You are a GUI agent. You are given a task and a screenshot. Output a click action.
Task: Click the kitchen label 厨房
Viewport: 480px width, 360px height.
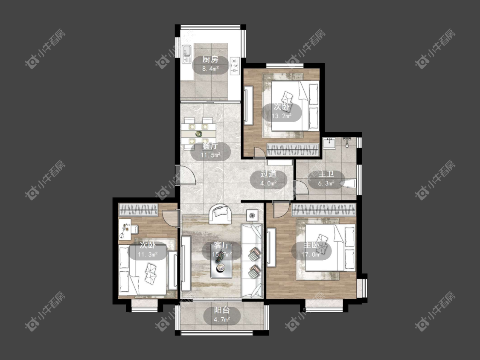pos(210,59)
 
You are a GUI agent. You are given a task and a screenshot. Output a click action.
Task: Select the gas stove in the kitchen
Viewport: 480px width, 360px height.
pos(235,66)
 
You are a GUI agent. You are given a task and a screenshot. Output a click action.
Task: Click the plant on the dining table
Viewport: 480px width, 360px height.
pos(199,134)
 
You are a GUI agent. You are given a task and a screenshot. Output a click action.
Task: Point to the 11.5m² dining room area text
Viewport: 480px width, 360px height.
pos(211,155)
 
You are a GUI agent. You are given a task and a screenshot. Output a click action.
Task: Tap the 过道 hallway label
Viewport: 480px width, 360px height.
pos(268,174)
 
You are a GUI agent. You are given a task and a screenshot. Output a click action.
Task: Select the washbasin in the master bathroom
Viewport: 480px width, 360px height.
pos(329,143)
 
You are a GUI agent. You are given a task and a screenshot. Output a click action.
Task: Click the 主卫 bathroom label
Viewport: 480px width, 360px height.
pos(326,174)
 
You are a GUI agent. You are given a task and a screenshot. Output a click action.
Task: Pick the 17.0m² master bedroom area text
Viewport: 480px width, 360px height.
pos(311,254)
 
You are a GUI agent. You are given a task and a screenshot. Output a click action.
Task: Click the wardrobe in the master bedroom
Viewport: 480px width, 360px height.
pos(324,210)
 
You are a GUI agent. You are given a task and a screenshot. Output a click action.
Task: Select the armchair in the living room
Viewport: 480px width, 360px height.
pos(220,213)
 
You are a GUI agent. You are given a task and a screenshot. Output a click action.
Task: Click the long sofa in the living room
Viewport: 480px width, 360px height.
pos(252,261)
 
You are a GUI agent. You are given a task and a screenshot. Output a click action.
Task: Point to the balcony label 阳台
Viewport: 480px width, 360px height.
pos(222,310)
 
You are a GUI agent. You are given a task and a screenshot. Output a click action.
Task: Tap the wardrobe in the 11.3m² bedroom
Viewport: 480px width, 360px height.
pos(138,210)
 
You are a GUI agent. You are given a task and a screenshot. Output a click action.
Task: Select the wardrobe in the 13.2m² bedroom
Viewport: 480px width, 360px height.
pos(293,150)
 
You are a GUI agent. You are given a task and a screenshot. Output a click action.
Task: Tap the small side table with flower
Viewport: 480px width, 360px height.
pos(252,215)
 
